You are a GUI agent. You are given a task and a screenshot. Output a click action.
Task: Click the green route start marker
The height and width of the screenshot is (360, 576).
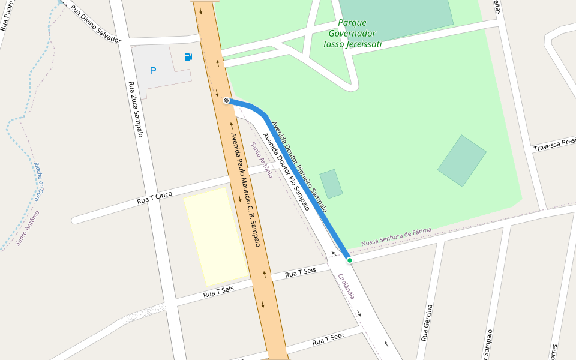coord(349,260)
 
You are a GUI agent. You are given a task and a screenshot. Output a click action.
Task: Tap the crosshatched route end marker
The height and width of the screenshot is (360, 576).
coord(226,100)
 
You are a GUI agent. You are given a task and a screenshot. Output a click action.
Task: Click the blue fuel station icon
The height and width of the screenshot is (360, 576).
coord(188,57)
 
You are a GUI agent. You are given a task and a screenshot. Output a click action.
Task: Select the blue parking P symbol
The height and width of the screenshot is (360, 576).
coord(153,71)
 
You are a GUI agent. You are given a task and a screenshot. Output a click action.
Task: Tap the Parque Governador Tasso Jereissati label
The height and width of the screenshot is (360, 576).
coord(352,33)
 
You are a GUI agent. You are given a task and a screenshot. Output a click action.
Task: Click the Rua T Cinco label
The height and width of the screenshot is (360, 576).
coord(155,197)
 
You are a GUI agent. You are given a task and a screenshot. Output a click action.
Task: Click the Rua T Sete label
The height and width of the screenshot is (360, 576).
coord(328,340)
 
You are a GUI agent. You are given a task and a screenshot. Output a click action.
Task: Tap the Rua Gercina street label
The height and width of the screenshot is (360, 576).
coord(427,323)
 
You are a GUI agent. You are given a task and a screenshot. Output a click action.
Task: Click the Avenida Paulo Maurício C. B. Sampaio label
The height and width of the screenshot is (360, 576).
coord(246,190)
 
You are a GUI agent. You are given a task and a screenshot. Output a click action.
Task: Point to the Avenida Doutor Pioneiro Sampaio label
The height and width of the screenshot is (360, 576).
coord(299,167)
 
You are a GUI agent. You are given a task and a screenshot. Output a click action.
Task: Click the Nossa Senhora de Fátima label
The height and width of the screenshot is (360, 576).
coord(396,238)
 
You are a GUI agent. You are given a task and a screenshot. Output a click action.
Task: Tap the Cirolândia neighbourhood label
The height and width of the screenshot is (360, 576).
coord(347,286)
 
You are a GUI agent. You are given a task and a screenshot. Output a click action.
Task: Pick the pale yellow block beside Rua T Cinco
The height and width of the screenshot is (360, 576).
coord(215,236)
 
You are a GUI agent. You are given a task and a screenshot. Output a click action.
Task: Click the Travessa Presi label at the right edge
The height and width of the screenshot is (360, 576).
coord(554,145)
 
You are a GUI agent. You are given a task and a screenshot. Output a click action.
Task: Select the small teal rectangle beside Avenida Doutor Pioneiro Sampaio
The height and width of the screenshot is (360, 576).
coord(331,184)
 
